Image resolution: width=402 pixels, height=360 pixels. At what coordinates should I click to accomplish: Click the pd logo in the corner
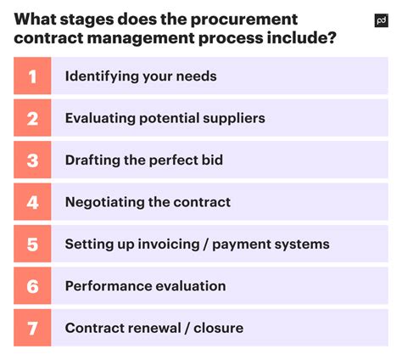(x=381, y=22)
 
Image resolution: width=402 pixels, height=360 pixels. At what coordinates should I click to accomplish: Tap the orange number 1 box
(x=32, y=76)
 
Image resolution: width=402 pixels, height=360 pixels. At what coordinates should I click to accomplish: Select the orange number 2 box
(x=32, y=118)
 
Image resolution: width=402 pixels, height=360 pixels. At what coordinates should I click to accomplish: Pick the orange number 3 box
(x=32, y=160)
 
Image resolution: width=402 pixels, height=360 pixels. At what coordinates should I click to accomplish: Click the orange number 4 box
(x=32, y=202)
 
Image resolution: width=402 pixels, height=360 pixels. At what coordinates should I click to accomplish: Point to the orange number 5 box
(x=32, y=245)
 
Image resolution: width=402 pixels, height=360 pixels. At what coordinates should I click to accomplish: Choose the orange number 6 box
(x=32, y=286)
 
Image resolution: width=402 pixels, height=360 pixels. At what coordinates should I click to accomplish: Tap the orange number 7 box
(x=32, y=328)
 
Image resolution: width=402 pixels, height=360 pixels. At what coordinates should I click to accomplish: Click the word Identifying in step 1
(x=101, y=76)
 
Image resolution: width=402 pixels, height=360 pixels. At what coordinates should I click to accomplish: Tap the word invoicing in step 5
(x=172, y=245)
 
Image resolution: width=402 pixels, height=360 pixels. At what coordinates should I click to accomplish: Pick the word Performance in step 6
(x=109, y=286)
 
